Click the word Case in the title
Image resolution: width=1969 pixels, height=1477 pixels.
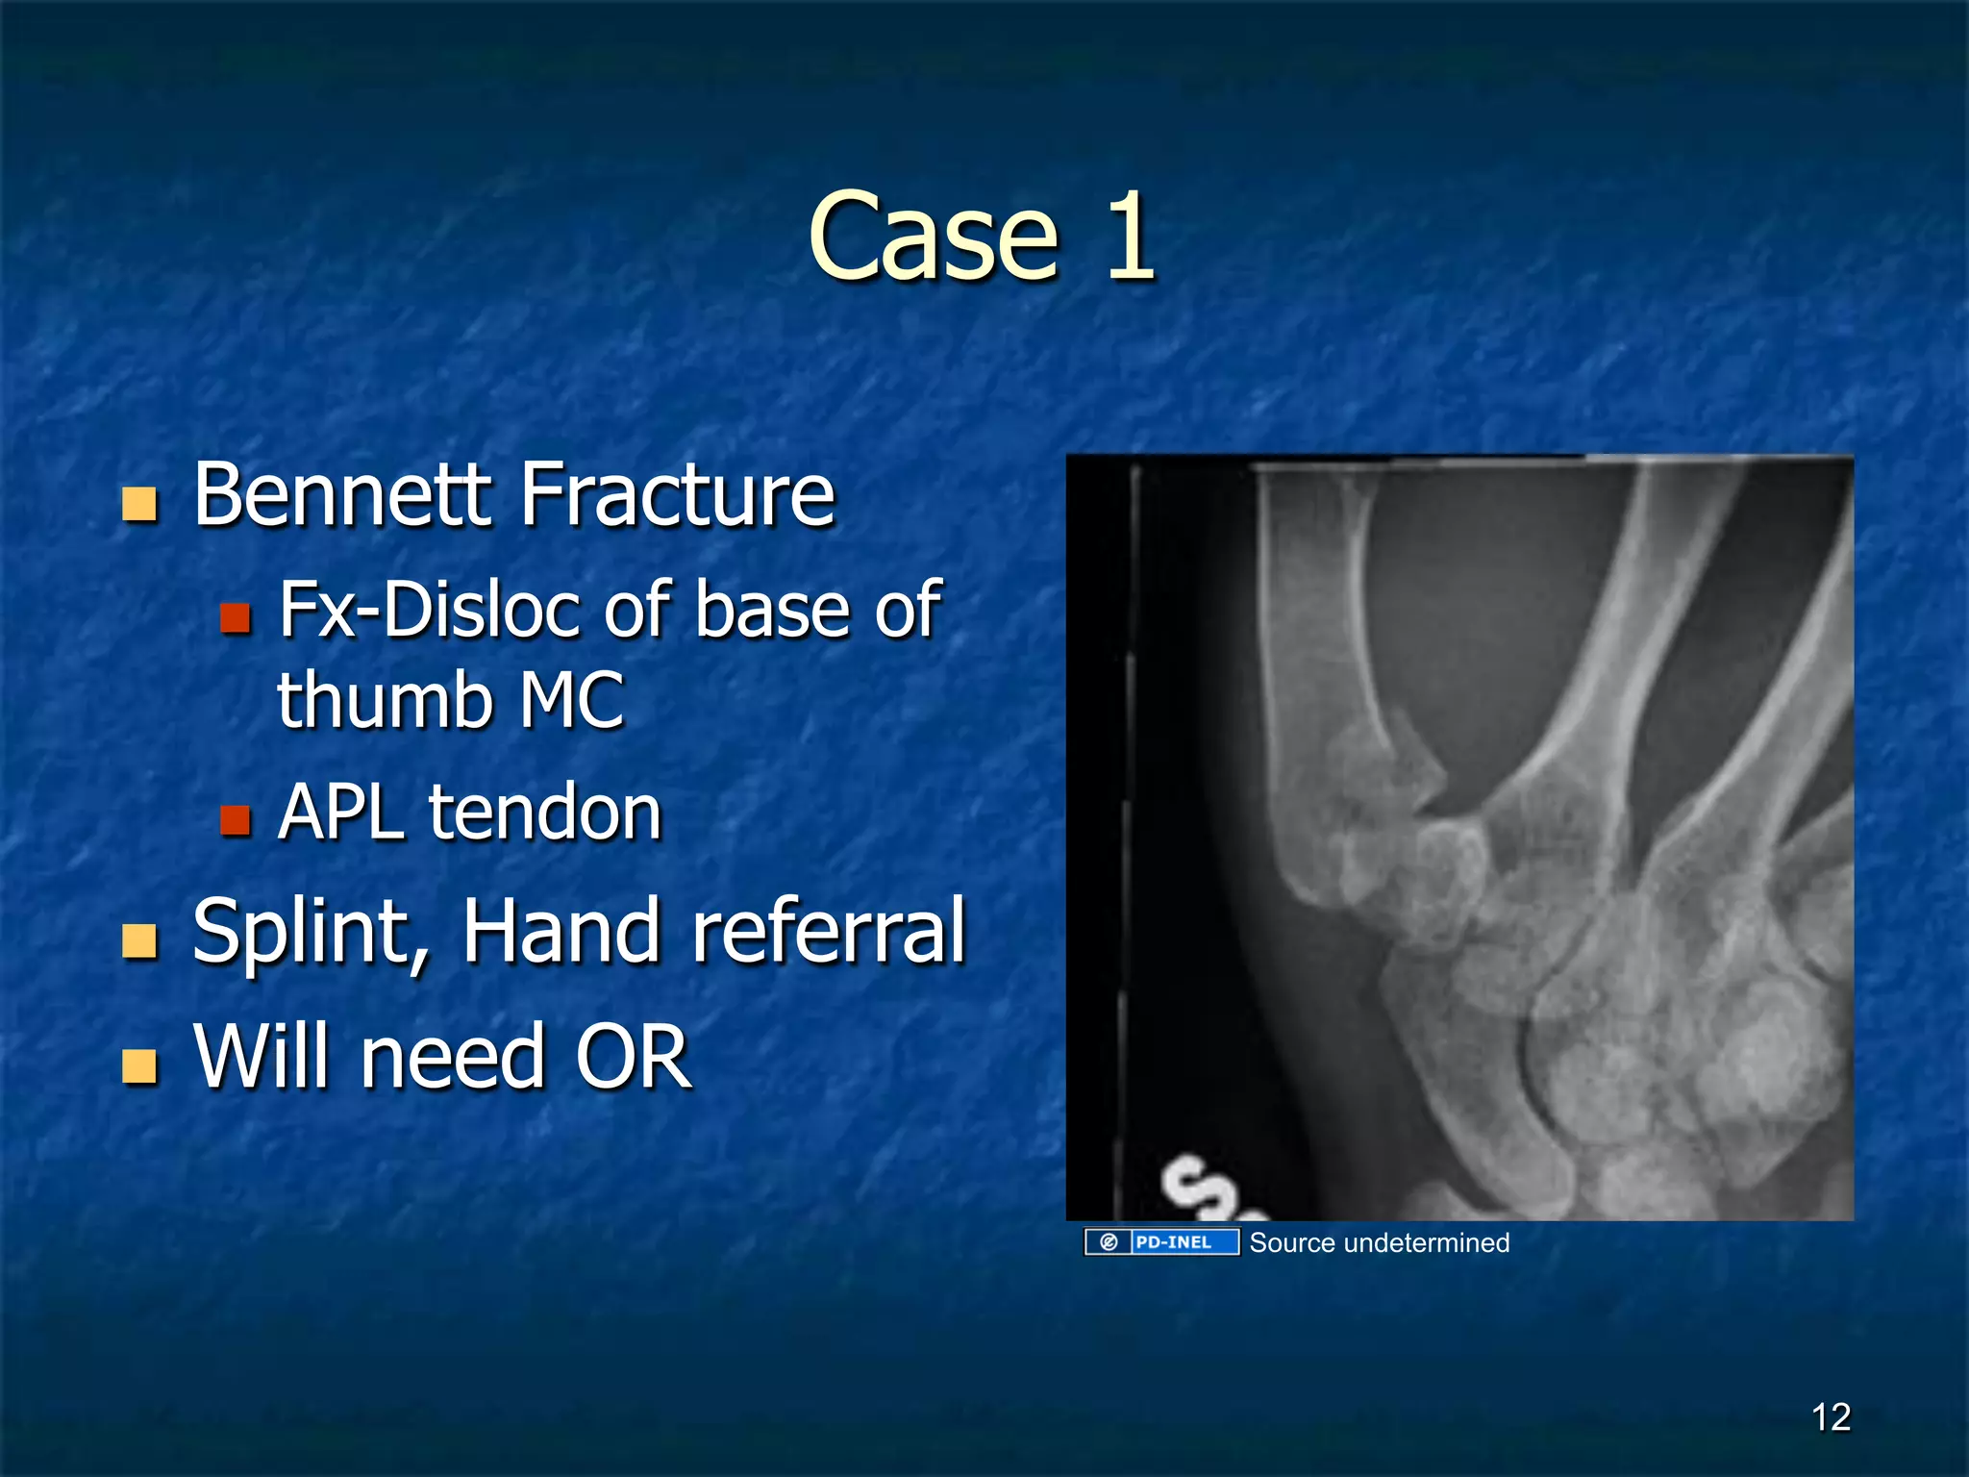933,238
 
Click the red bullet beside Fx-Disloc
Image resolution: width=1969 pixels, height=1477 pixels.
236,617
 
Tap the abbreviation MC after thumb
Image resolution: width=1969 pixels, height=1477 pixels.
572,700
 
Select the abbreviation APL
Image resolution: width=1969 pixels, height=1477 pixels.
340,813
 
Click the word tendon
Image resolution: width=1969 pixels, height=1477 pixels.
545,813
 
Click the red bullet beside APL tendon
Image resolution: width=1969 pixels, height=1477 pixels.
236,820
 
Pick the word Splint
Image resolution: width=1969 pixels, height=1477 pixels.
310,931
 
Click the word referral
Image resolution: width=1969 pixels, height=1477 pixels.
828,931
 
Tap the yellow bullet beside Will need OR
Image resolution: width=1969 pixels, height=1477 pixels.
140,1065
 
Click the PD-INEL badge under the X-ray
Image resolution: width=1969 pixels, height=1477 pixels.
1161,1242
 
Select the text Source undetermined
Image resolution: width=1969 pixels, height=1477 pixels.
1379,1242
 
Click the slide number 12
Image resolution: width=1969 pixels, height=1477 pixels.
1831,1417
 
